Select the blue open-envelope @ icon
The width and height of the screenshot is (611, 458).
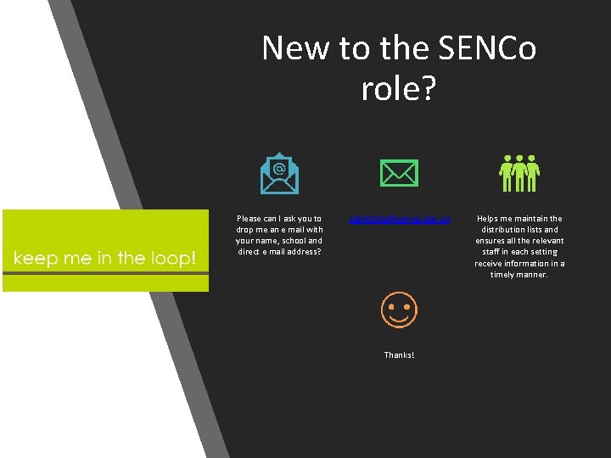279,173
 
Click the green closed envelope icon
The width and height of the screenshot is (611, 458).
399,174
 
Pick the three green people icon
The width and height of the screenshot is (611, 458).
519,173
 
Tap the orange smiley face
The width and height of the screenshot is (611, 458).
399,311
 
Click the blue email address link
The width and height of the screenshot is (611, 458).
400,219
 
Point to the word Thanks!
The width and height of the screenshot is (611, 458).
399,355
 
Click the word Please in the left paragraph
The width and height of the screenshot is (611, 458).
249,219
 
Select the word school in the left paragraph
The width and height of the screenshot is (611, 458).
286,241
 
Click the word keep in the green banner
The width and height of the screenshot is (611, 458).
33,258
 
